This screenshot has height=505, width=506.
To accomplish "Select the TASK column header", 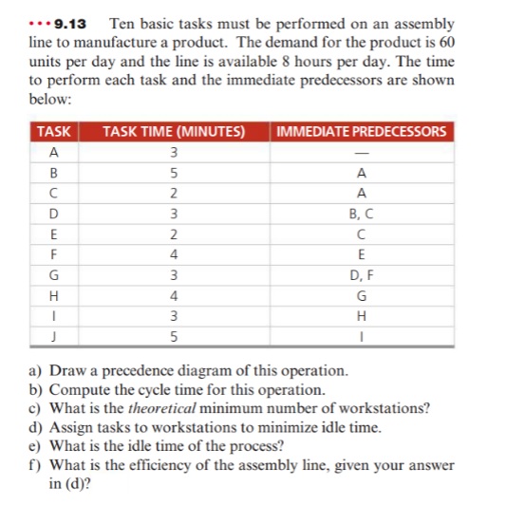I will [55, 131].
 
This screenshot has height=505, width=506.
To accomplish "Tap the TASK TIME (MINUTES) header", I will [174, 131].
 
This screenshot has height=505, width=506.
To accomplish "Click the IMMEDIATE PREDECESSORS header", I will [360, 131].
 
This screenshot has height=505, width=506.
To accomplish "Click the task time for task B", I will [174, 174].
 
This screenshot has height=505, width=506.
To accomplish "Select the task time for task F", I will [174, 255].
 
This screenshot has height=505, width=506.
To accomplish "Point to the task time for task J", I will [174, 336].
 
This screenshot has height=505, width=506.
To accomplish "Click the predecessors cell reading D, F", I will [360, 276].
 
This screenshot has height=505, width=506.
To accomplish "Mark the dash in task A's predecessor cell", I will [360, 154].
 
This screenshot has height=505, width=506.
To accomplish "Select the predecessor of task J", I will [360, 336].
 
